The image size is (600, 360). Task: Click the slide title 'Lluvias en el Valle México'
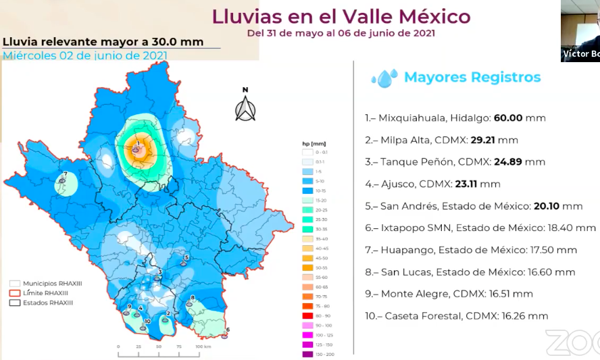[341, 16]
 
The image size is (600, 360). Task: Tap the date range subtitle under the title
[341, 32]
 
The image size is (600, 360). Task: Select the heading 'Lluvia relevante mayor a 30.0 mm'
[103, 42]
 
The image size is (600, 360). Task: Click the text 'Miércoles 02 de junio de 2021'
[85, 55]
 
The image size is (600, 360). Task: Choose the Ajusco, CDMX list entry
[432, 184]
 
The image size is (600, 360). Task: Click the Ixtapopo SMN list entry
[480, 228]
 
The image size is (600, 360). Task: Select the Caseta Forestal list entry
[456, 315]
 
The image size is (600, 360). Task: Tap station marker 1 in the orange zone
[138, 146]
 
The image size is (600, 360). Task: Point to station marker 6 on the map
[227, 332]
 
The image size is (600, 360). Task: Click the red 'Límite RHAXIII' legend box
[14, 293]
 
